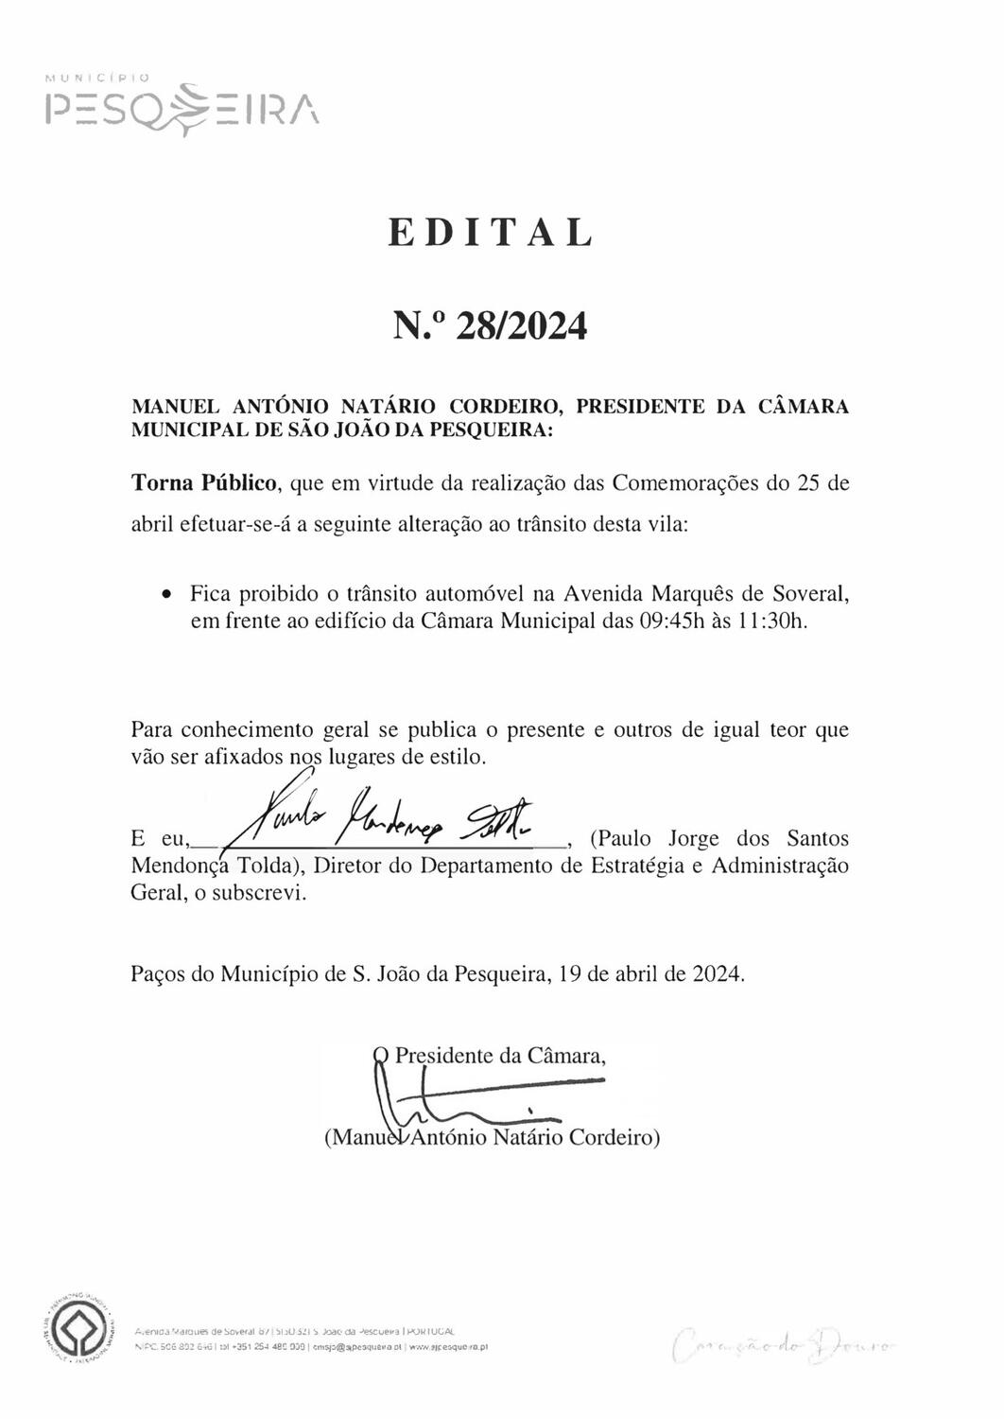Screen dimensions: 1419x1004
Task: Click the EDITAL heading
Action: point(491,233)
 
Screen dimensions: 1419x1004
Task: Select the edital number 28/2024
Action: point(521,326)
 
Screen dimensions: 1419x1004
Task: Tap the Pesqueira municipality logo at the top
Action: point(182,109)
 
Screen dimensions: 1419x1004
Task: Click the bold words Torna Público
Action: point(203,483)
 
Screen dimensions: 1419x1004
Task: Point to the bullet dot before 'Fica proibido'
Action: point(166,595)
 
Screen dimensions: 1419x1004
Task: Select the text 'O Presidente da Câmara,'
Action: point(490,1055)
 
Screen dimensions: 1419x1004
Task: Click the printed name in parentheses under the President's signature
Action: point(492,1137)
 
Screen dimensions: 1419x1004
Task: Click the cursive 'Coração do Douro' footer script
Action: point(784,1342)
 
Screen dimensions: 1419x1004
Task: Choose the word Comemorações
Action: point(686,483)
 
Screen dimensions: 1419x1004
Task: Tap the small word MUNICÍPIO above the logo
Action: point(96,79)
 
